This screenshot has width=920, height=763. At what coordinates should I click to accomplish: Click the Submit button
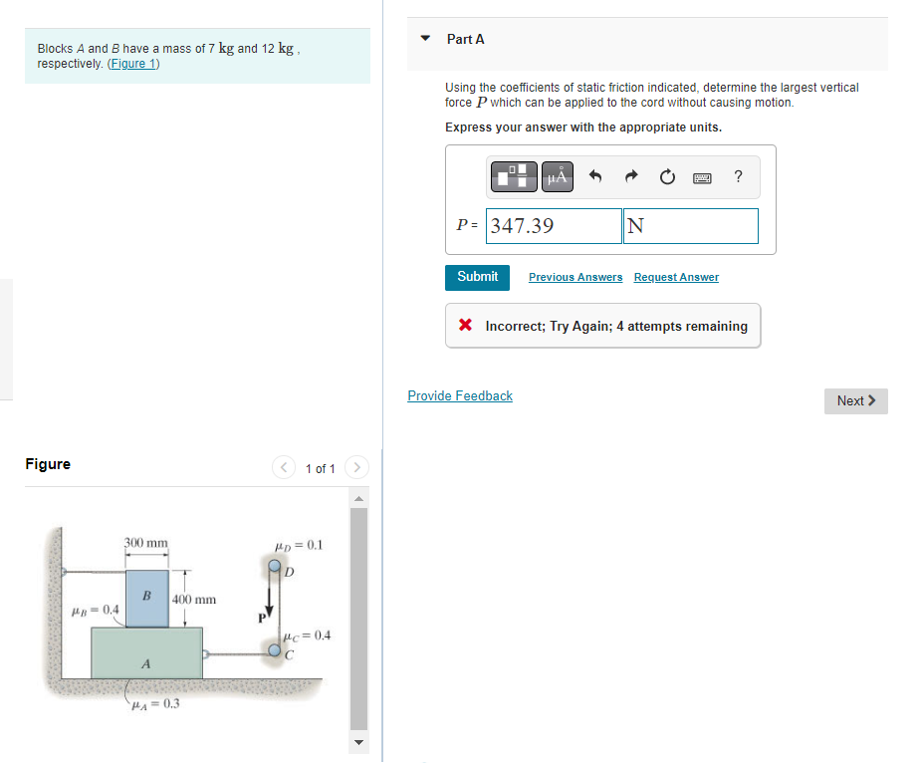[x=477, y=277]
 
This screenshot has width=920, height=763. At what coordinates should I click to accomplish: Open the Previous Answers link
[x=575, y=277]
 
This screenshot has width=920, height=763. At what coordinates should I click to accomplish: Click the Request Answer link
[x=676, y=277]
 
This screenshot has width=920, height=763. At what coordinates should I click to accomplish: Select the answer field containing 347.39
[x=555, y=226]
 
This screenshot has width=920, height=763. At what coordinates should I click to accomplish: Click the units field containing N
[x=691, y=226]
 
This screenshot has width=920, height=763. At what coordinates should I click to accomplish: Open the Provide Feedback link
[x=460, y=395]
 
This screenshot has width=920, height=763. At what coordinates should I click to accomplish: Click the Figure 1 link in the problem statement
[x=133, y=64]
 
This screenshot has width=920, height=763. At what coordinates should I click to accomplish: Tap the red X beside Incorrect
[x=465, y=326]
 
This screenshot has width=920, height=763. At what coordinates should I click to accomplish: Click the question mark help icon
[x=738, y=177]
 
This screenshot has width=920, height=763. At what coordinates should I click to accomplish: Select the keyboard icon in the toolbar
[x=703, y=177]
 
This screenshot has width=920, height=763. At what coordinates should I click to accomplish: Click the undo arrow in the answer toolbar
[x=595, y=177]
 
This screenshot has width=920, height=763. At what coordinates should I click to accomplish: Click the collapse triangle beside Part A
[x=426, y=39]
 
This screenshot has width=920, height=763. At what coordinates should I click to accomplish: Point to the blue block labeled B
[x=146, y=599]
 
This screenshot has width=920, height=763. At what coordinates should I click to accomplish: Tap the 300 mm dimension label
[x=146, y=543]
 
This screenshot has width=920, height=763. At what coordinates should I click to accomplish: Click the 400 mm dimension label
[x=194, y=600]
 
